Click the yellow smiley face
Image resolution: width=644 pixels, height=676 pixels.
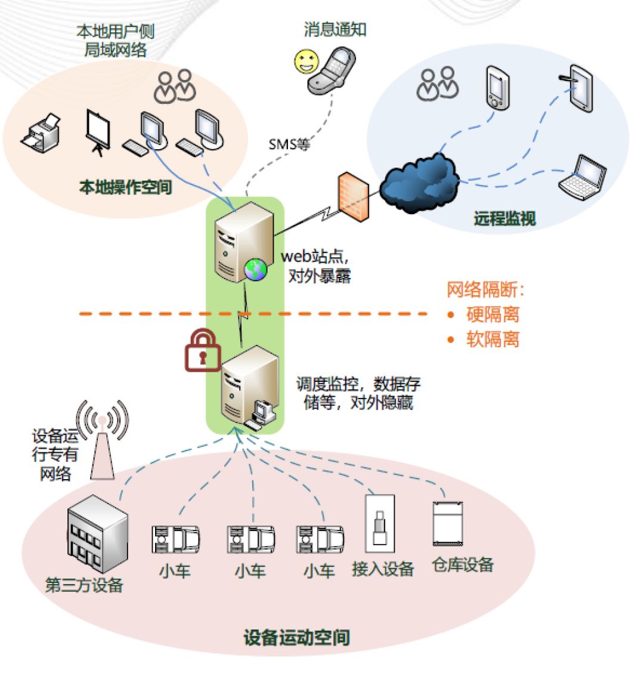[305, 61]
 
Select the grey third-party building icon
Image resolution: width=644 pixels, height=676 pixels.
[97, 535]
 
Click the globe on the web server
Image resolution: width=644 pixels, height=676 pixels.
[255, 270]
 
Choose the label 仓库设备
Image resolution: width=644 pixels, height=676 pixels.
[463, 564]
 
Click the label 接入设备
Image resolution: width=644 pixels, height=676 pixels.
[383, 569]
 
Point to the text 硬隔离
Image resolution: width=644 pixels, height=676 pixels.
[492, 314]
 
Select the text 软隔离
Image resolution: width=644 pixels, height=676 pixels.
[492, 339]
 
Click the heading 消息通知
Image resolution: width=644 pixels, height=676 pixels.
[335, 29]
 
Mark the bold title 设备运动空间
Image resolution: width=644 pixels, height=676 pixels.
[296, 637]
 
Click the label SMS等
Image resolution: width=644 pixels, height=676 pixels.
[289, 144]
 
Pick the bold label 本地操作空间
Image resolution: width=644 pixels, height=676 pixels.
[125, 187]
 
